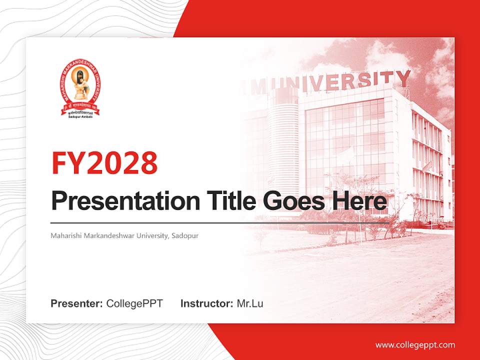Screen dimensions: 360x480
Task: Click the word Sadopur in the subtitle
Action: click(x=185, y=235)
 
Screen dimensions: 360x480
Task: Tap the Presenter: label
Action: click(x=77, y=303)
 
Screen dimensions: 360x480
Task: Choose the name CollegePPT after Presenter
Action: click(x=134, y=303)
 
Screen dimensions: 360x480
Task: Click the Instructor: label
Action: click(x=206, y=303)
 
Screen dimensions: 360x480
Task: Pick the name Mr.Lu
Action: click(x=249, y=303)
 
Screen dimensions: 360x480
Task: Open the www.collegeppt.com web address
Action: click(x=415, y=344)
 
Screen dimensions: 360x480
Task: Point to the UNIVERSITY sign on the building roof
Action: click(x=345, y=82)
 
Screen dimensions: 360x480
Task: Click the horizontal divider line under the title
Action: click(x=220, y=222)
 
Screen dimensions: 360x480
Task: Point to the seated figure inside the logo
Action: click(x=79, y=85)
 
